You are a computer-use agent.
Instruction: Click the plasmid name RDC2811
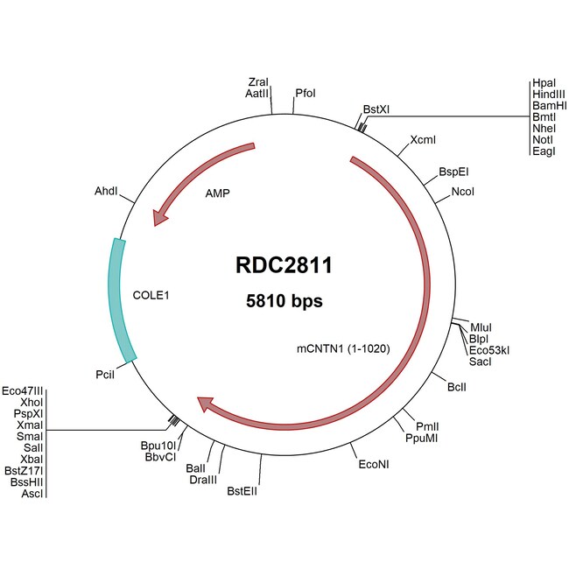point(284,265)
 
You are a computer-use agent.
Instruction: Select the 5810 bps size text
point(284,301)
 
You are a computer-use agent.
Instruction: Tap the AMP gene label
point(217,193)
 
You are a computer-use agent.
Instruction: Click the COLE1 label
point(150,296)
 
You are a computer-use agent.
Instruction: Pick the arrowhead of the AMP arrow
point(159,216)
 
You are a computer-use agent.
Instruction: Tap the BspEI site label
point(453,172)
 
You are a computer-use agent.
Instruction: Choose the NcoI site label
point(463,191)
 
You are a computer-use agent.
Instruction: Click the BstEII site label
point(242,490)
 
